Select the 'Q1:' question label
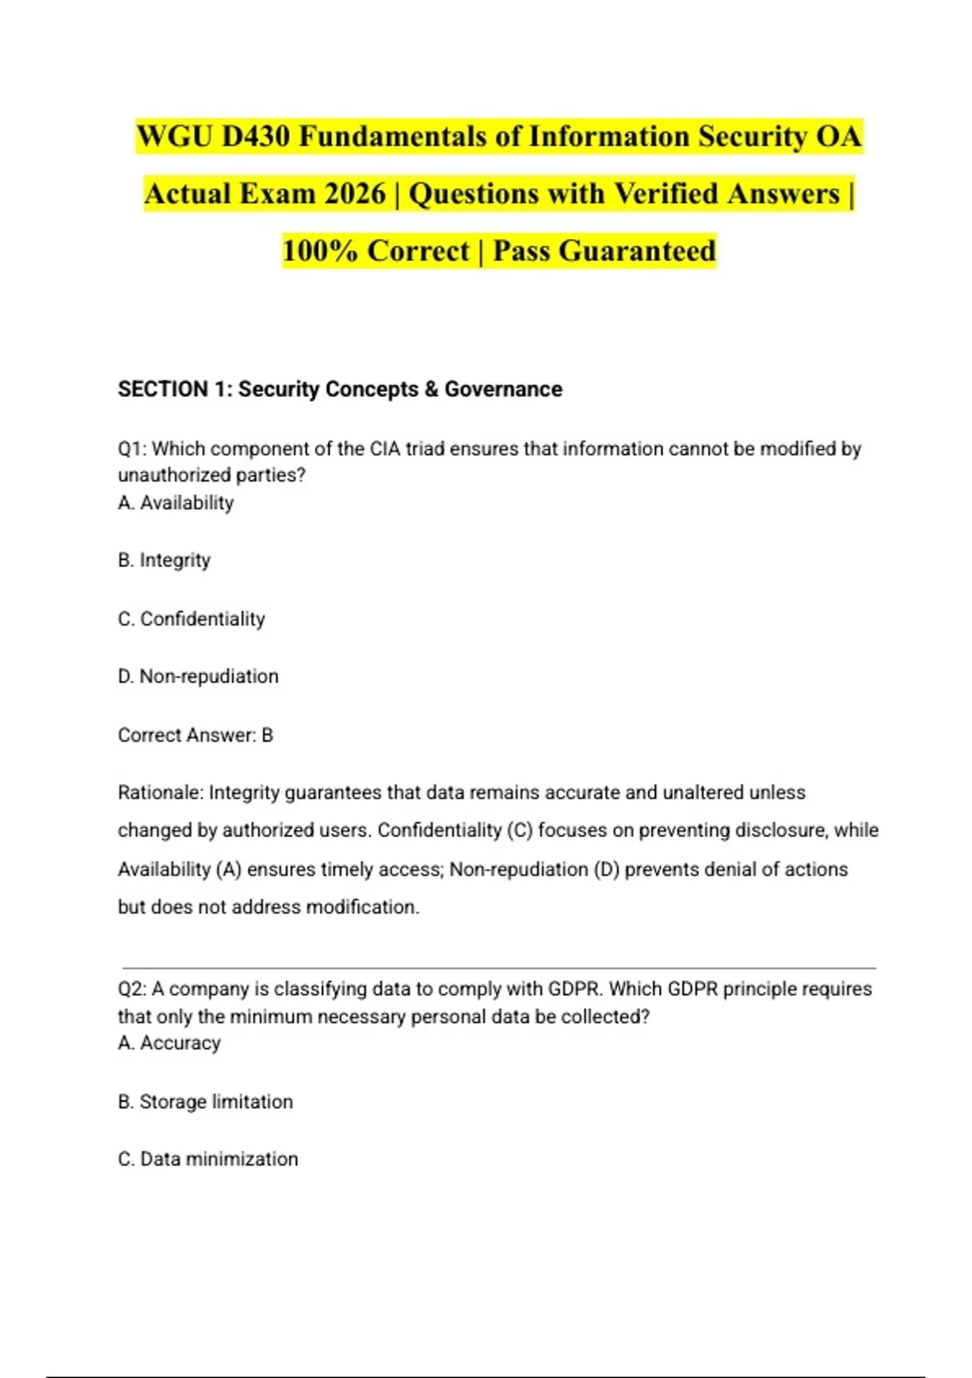132,448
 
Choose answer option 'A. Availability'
176,503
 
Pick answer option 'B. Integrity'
164,560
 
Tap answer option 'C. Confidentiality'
191,618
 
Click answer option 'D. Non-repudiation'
198,676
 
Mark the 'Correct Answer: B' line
195,735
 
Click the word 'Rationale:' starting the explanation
160,792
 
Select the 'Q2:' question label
132,989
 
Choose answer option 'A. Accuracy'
169,1042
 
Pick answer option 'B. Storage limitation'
206,1102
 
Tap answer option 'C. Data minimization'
208,1159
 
